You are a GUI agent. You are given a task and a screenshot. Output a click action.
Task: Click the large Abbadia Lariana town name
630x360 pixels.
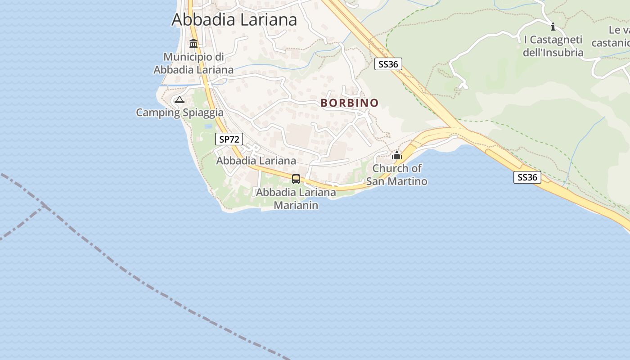coord(234,20)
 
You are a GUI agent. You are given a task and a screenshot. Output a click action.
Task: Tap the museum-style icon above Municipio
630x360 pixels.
coord(193,44)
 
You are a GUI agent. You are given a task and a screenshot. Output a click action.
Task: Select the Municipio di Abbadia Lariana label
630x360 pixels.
coord(193,63)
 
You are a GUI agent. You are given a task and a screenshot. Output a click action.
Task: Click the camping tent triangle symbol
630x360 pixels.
coord(180,99)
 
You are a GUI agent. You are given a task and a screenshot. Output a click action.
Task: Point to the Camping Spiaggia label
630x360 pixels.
coord(180,112)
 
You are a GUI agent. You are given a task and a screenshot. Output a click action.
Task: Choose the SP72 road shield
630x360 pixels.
coord(229,139)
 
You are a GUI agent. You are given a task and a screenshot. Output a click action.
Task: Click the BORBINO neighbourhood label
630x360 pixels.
coord(350,103)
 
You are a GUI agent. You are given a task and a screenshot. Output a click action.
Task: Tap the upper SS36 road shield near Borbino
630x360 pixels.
coord(388,64)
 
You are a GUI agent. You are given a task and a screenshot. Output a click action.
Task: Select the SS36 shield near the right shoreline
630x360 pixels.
coord(527,177)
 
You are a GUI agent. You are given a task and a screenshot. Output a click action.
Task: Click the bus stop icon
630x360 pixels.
coord(296,179)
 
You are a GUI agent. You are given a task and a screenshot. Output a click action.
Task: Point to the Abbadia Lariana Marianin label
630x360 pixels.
coord(296,199)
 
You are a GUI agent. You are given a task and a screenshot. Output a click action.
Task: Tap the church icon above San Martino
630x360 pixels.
coord(397,156)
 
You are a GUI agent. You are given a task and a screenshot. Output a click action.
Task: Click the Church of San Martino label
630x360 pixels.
coord(396,175)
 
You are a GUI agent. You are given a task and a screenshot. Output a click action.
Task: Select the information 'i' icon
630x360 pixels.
coord(553,27)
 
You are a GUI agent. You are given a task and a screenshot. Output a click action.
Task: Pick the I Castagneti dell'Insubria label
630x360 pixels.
coord(553,46)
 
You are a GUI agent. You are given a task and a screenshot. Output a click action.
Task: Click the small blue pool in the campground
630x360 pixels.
coord(208,126)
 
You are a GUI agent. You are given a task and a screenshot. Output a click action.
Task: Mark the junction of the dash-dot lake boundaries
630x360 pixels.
coord(45,206)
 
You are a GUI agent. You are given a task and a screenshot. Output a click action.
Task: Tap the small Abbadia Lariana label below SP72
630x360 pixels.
coord(256,161)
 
